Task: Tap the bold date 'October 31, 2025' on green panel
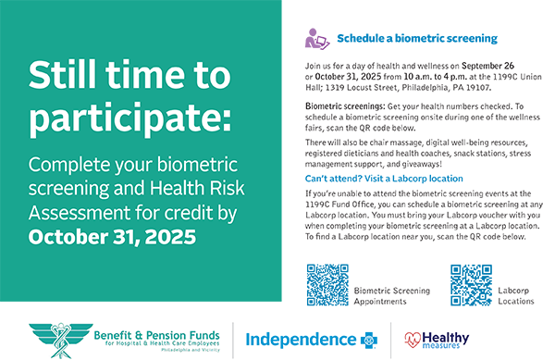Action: (113, 236)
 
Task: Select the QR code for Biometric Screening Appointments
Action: (327, 284)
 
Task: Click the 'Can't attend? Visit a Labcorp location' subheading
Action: (384, 178)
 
